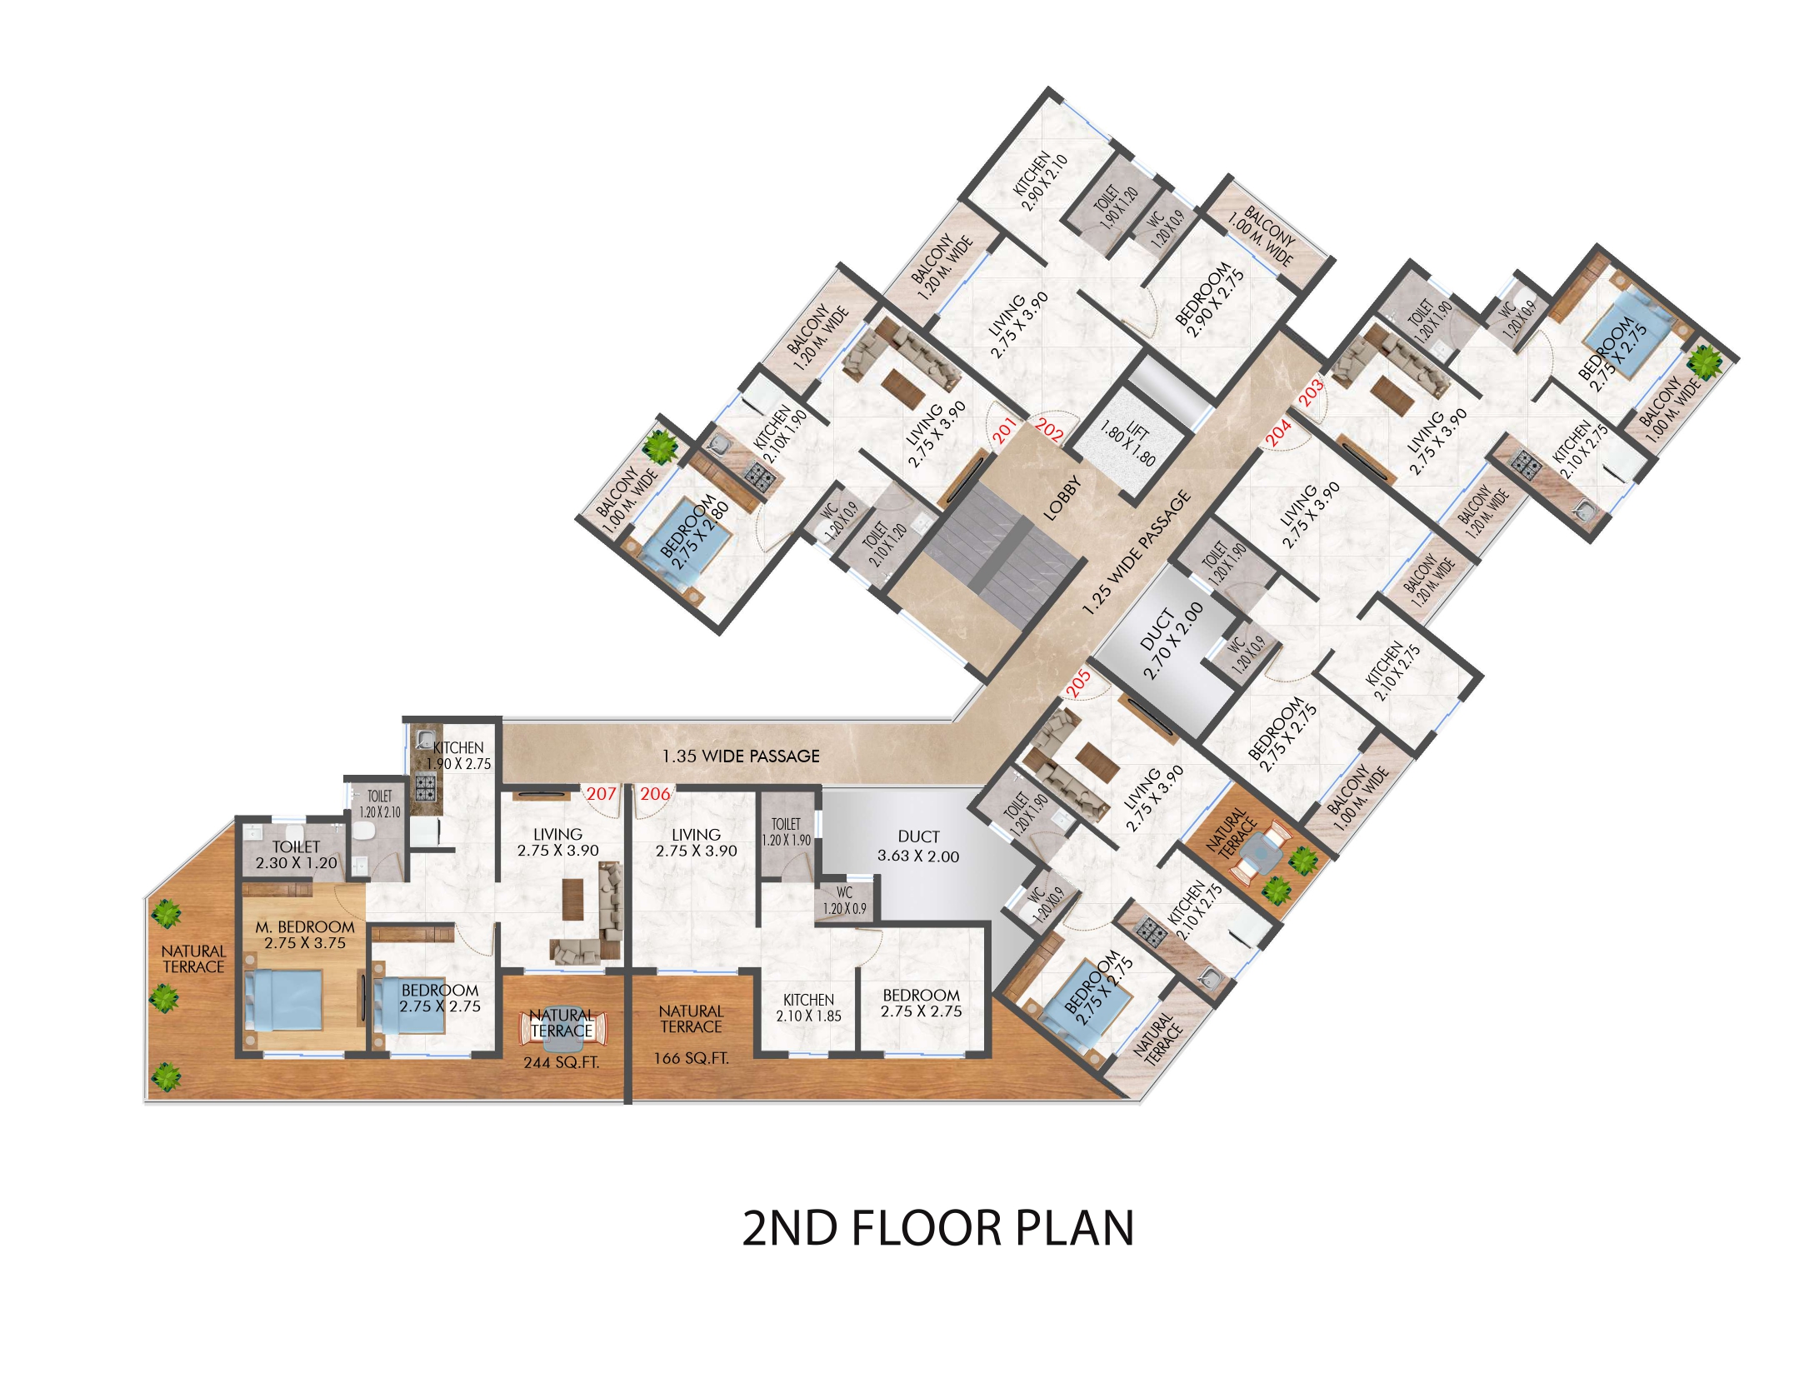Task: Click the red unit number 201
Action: (1005, 430)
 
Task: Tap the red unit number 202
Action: (1050, 430)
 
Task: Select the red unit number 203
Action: (1311, 392)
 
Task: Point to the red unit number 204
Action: (1278, 432)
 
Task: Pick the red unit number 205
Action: (1078, 683)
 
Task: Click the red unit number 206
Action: (655, 793)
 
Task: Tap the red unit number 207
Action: (601, 793)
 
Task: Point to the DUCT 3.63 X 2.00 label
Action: (918, 846)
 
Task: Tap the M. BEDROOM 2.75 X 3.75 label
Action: (305, 935)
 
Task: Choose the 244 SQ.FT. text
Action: (561, 1062)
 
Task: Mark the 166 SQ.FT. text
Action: (691, 1058)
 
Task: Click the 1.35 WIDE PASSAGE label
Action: (741, 756)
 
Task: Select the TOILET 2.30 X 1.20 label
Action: (296, 855)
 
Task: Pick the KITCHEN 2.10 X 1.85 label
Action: (808, 1007)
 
